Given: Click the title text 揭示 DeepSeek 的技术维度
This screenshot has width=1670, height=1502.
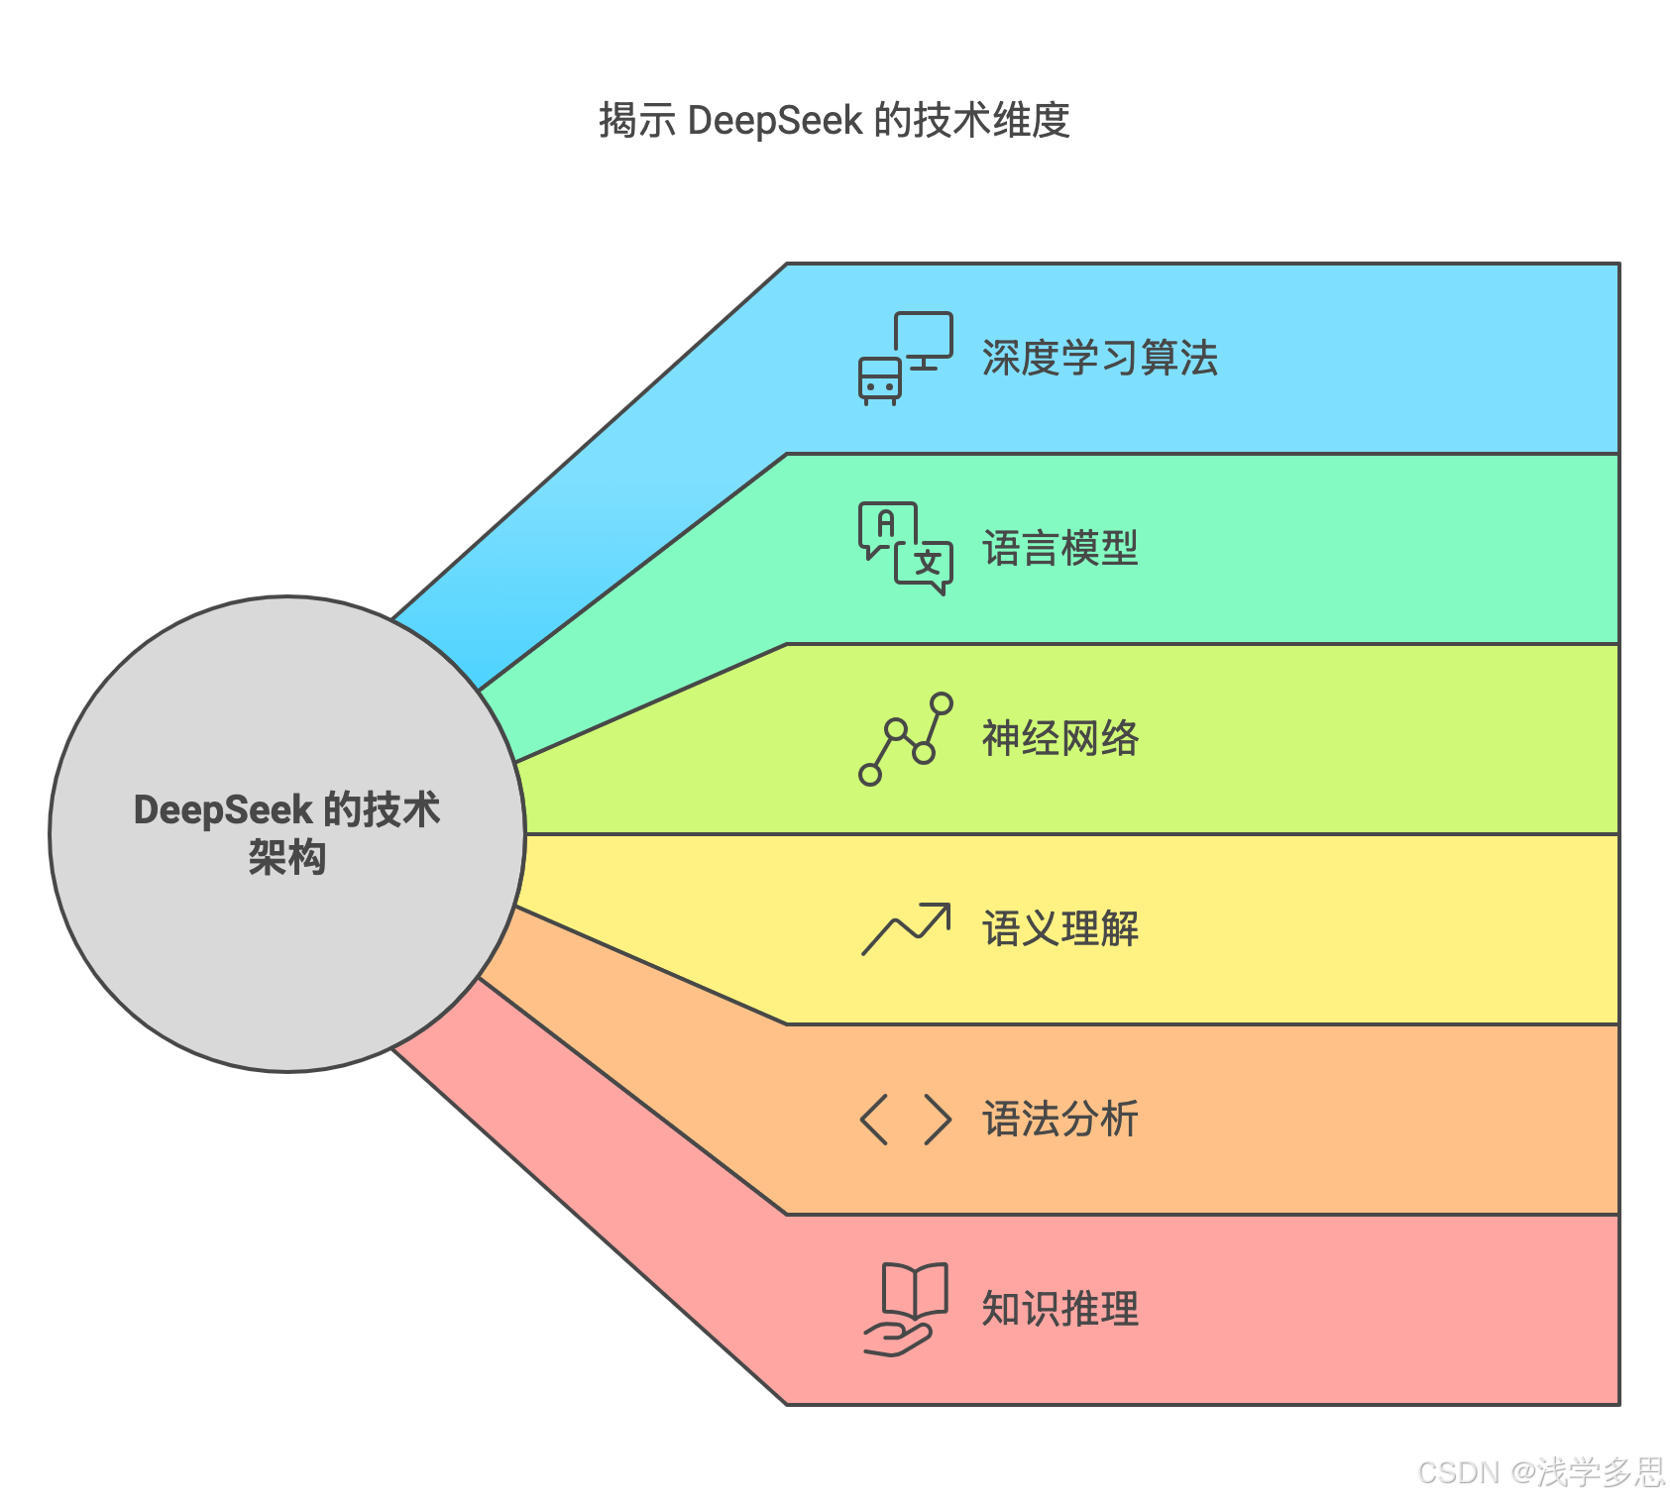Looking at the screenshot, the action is click(834, 121).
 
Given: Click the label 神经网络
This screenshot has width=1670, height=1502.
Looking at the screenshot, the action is click(1059, 739).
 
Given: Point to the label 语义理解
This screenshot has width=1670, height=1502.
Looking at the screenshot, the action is click(1059, 929).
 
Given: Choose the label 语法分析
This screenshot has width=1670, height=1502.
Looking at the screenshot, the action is click(1059, 1120).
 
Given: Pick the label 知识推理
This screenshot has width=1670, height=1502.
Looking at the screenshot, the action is click(1059, 1310).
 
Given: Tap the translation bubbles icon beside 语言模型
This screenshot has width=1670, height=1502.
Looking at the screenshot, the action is click(905, 548).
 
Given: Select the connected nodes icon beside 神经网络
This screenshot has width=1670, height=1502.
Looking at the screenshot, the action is click(905, 739).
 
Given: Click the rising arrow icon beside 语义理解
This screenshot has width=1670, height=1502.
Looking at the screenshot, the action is click(905, 929).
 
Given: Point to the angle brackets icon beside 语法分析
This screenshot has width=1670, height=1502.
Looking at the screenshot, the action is click(905, 1120).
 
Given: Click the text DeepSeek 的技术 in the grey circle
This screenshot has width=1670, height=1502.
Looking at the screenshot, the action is click(286, 810).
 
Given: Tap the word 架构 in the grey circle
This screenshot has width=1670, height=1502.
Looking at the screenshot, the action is click(286, 858).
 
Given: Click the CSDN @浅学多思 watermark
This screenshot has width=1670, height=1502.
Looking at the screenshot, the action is click(1540, 1472).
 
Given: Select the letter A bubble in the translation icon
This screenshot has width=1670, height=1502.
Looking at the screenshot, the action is click(886, 525).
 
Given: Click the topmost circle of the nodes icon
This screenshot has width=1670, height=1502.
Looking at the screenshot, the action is click(942, 704).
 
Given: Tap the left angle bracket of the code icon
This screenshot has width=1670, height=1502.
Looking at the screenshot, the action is click(874, 1120).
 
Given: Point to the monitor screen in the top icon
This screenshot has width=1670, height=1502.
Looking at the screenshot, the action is click(924, 335).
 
